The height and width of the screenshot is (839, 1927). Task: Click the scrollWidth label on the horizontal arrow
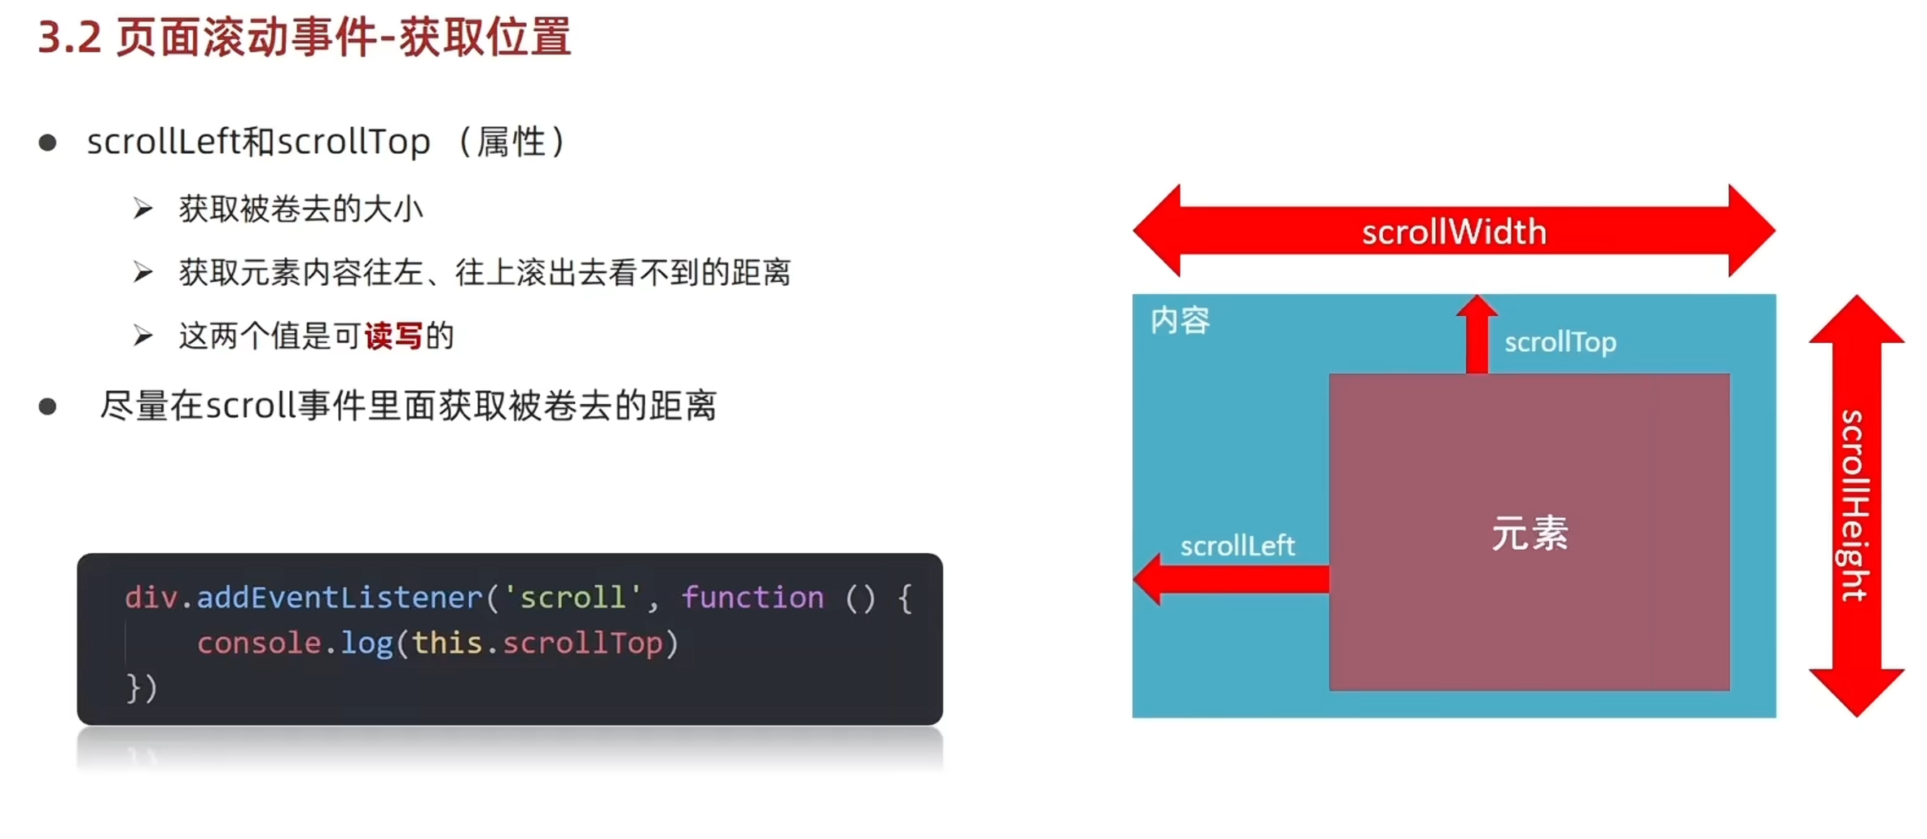(1454, 232)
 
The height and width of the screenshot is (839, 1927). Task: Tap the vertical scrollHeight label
(1855, 506)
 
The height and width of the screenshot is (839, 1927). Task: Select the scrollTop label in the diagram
(1560, 342)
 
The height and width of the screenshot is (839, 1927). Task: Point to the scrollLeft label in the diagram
(1237, 546)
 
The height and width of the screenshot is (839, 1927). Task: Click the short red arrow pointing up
(1477, 334)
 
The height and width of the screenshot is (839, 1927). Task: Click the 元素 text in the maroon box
(1530, 534)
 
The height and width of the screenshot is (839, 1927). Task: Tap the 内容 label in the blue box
(1180, 320)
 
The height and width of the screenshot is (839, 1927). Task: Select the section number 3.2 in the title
(69, 37)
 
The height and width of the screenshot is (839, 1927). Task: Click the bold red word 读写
(393, 336)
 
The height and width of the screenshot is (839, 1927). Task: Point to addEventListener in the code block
(340, 598)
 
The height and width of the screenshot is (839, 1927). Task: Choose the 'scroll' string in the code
(573, 598)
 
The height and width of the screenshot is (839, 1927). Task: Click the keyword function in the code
(753, 598)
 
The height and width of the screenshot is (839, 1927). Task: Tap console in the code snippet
(259, 644)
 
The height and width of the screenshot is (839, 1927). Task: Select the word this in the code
(447, 644)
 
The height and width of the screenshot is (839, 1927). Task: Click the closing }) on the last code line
(142, 688)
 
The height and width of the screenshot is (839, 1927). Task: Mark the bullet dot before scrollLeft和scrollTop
(48, 143)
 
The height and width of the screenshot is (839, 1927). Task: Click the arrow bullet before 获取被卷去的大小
(143, 209)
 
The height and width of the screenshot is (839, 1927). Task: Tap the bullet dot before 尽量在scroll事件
(48, 406)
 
